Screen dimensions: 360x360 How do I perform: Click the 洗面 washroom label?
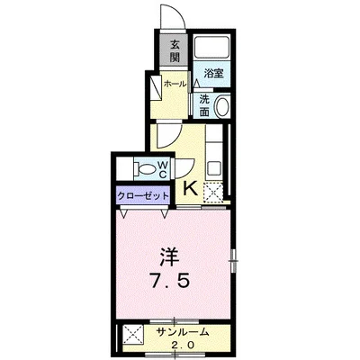coord(205,104)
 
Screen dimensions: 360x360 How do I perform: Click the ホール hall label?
coord(175,84)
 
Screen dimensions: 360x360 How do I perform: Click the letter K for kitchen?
coord(190,188)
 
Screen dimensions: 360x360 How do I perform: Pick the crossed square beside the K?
coord(214,191)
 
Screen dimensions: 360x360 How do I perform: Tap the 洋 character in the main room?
coord(169,256)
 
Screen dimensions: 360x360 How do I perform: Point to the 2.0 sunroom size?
coord(183,344)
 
